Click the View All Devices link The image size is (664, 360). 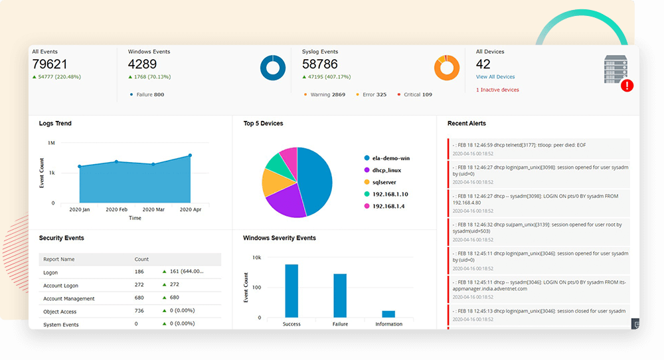point(495,77)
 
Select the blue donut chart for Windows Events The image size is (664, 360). point(272,68)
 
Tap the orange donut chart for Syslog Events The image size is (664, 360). point(447,68)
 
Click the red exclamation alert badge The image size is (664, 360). point(626,86)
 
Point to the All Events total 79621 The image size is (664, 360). point(50,64)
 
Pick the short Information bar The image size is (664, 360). point(388,314)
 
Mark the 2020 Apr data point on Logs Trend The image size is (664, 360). point(190,155)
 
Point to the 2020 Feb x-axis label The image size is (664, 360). point(117,209)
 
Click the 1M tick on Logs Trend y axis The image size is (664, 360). point(51,143)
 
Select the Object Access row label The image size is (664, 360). point(60,312)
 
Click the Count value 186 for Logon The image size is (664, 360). point(139,272)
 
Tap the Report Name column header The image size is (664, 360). point(59,259)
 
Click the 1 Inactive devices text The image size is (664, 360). point(497,90)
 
